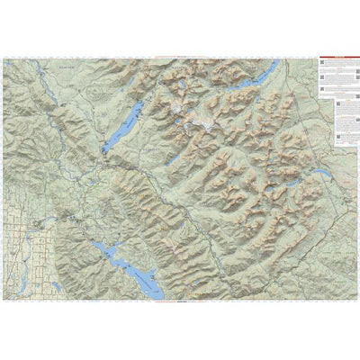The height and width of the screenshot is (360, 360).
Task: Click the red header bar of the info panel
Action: pyautogui.click(x=337, y=61)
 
